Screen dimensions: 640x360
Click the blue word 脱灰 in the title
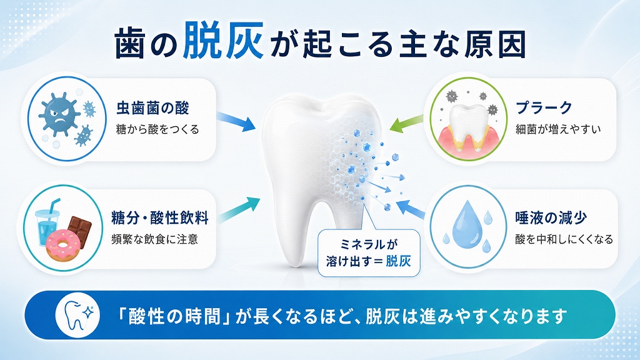click(222, 41)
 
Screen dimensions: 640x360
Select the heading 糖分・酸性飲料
click(159, 217)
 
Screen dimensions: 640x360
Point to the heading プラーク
click(544, 107)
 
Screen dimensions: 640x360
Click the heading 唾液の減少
click(551, 217)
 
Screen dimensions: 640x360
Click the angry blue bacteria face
click(59, 114)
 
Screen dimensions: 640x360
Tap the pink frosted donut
click(63, 245)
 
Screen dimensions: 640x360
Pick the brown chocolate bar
click(79, 231)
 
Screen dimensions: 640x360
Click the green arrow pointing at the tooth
click(406, 123)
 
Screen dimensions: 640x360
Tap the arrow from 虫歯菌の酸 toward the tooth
click(236, 121)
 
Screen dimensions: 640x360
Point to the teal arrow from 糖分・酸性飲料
click(238, 209)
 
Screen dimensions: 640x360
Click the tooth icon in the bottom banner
click(77, 315)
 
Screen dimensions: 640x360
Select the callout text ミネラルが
click(369, 244)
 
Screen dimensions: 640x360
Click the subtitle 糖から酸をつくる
click(157, 130)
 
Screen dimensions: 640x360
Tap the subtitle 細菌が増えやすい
click(558, 129)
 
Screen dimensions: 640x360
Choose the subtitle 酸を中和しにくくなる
click(564, 239)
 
